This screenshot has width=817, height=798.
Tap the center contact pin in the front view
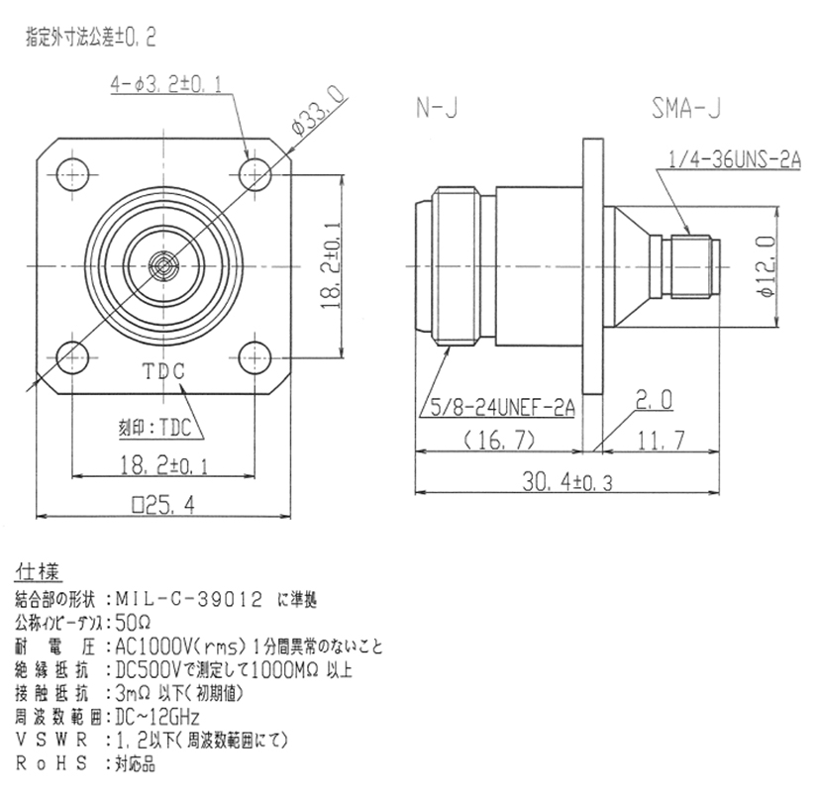point(164,264)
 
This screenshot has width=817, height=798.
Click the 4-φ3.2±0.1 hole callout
point(166,87)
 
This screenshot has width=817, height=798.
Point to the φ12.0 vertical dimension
point(789,264)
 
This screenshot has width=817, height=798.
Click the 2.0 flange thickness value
point(655,400)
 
